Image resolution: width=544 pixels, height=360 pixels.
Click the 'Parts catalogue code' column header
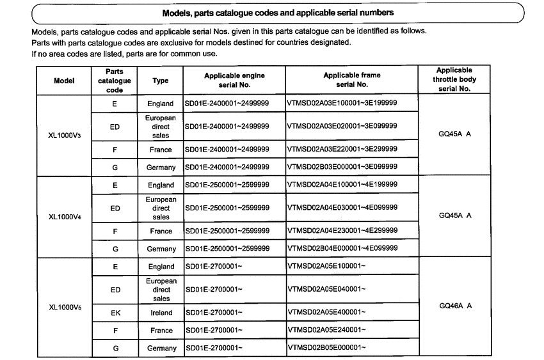click(115, 81)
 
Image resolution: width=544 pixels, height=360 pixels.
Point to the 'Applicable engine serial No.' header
click(234, 80)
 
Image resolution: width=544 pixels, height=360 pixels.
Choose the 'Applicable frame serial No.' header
click(351, 80)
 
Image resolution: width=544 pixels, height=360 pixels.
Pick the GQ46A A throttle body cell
click(455, 306)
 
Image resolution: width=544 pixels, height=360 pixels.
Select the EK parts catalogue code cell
click(115, 313)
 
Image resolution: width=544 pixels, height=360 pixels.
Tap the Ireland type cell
click(161, 313)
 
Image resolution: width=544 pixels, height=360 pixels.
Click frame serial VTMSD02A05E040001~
click(327, 290)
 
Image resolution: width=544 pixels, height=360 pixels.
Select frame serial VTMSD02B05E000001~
click(327, 348)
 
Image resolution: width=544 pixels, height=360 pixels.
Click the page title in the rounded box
click(277, 12)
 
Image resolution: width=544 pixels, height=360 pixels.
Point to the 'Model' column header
click(64, 81)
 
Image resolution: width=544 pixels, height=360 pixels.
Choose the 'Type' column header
click(161, 81)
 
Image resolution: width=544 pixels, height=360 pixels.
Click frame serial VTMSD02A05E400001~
click(327, 313)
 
